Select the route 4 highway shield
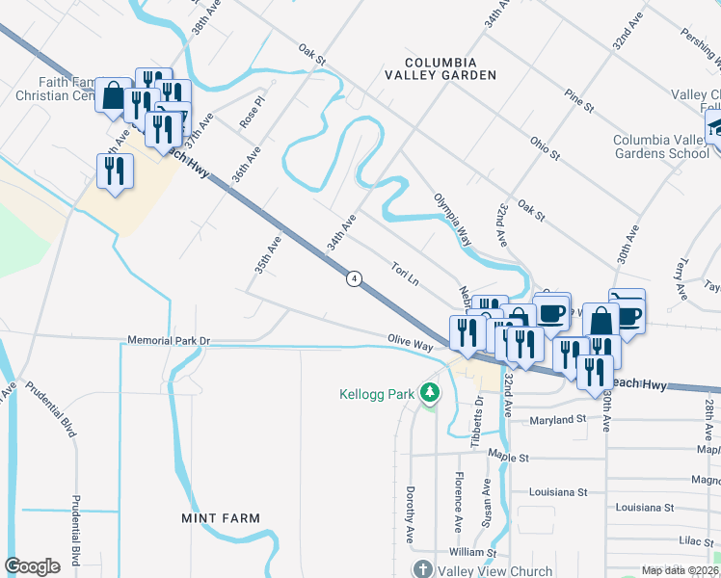point(355,278)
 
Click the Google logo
point(32,566)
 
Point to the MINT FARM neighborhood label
point(221,518)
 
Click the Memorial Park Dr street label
point(169,341)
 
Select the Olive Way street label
point(410,343)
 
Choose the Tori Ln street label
point(405,274)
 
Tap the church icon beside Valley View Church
point(421,569)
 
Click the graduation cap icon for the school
point(716,128)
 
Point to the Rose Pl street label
point(253,112)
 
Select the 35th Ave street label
point(267,255)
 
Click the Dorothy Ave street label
point(410,502)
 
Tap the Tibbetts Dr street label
point(477,422)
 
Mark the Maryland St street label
point(559,419)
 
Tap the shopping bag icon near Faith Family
point(113,94)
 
